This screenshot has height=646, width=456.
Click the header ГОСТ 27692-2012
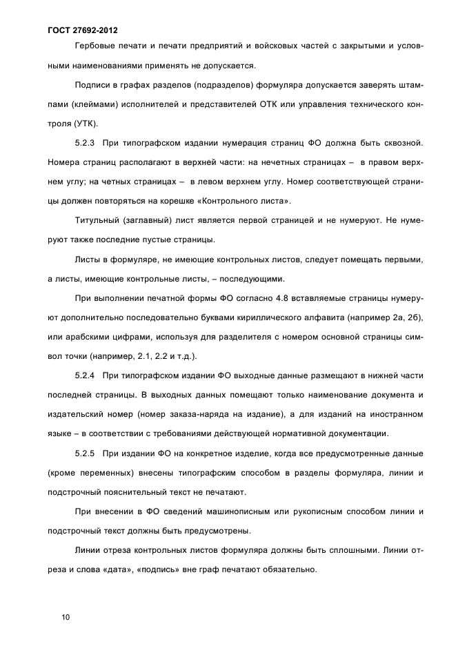(x=83, y=30)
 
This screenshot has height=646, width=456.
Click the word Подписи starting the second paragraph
(x=95, y=86)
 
